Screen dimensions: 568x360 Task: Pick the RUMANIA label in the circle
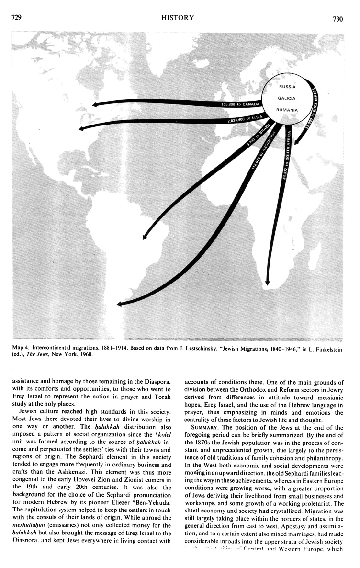287,110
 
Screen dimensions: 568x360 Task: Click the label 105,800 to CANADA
241,104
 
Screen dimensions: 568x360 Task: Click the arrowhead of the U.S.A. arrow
81,128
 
